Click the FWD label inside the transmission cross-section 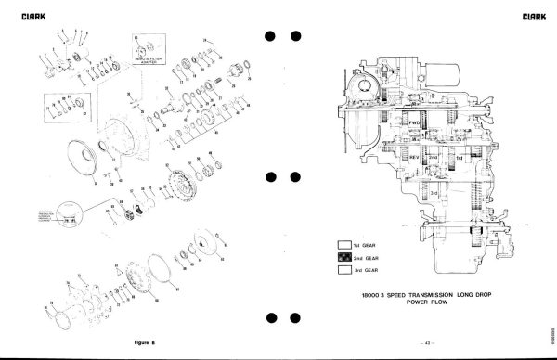point(414,122)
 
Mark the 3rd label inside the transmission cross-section point(434,192)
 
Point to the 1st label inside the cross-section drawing point(460,159)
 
